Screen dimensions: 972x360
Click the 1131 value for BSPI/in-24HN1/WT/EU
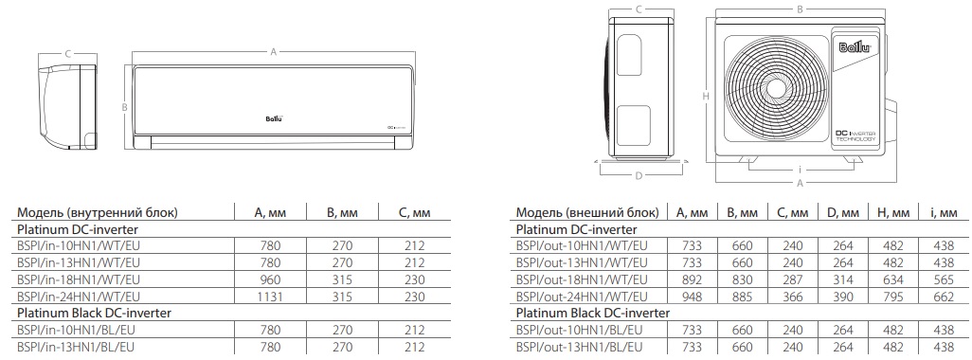(x=270, y=297)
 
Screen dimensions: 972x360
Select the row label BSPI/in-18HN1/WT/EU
(x=79, y=279)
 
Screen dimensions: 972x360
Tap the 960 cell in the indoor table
(x=270, y=279)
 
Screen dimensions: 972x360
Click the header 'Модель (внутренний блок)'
(x=98, y=212)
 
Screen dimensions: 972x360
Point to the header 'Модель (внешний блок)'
(x=587, y=212)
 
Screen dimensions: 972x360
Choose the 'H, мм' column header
(x=894, y=212)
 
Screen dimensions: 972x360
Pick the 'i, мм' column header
(x=945, y=212)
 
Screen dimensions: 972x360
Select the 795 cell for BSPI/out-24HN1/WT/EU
(x=894, y=297)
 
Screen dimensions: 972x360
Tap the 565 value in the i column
(x=944, y=280)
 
